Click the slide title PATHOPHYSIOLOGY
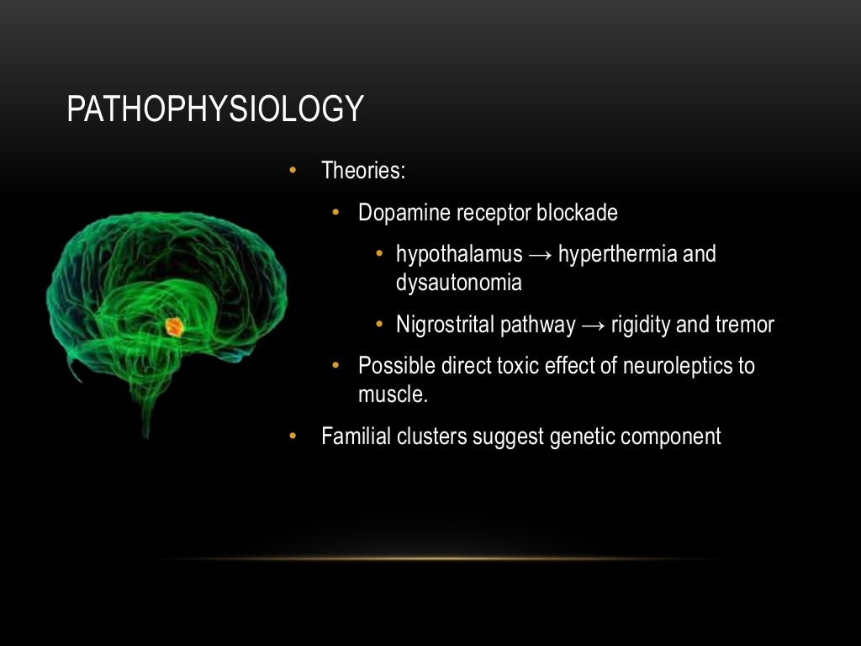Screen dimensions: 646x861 [x=214, y=109]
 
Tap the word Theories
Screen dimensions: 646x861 [x=363, y=171]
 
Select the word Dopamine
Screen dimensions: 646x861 [x=404, y=213]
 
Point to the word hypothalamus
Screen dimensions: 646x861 [x=459, y=254]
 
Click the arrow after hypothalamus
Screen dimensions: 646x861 [x=541, y=254]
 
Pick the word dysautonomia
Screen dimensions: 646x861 [x=458, y=283]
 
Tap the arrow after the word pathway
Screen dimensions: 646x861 [x=593, y=325]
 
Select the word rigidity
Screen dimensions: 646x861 [x=639, y=325]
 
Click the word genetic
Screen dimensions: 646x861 [x=584, y=437]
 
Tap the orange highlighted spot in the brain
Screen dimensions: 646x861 [x=174, y=326]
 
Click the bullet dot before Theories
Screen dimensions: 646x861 [x=293, y=171]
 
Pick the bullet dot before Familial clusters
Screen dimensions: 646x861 [x=293, y=437]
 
